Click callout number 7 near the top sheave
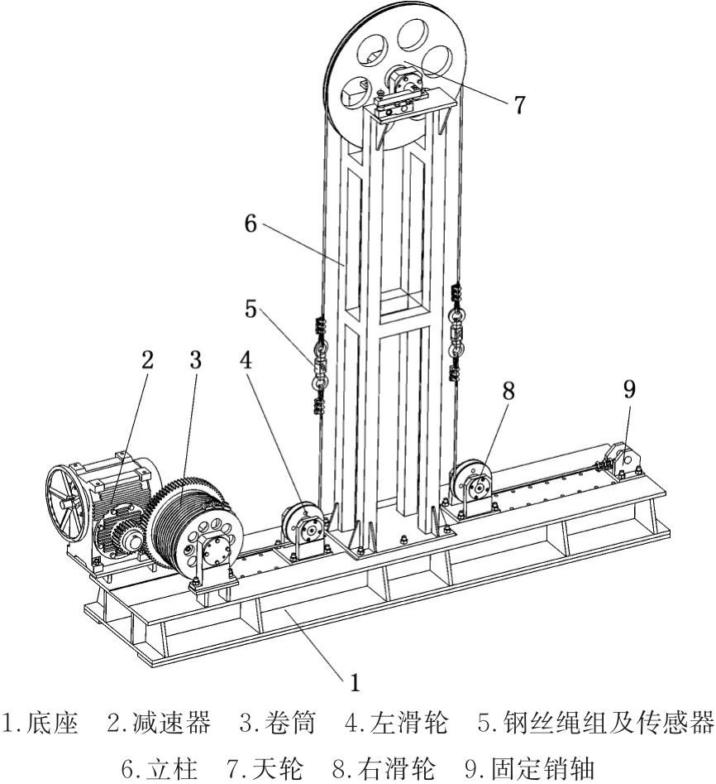[518, 105]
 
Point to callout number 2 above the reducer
[147, 361]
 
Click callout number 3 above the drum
[195, 361]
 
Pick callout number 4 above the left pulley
[246, 361]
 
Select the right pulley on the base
[474, 487]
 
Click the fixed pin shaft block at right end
[625, 460]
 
